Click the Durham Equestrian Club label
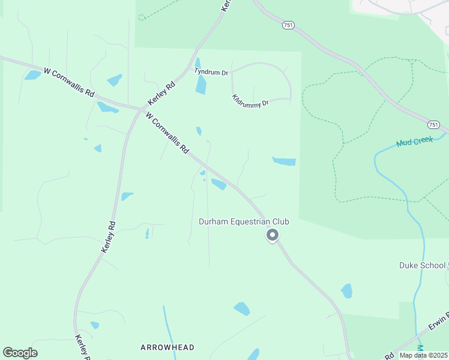(x=244, y=222)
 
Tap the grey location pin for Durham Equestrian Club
(x=273, y=235)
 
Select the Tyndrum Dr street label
(x=211, y=71)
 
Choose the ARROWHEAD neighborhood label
(x=167, y=347)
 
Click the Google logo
(x=20, y=353)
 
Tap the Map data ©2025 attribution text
(x=423, y=355)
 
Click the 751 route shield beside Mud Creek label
(x=434, y=125)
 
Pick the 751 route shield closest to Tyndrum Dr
(x=288, y=25)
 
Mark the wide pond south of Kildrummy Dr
(x=285, y=161)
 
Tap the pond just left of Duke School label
(x=346, y=291)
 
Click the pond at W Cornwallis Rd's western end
(x=32, y=75)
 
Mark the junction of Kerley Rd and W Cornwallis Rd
(x=141, y=109)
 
